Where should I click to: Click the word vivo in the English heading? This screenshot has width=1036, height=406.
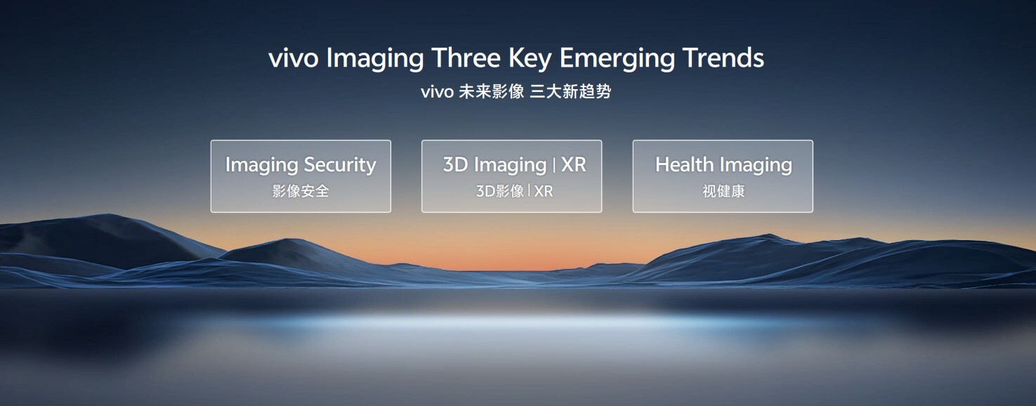[293, 59]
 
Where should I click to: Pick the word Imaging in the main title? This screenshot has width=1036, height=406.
[375, 60]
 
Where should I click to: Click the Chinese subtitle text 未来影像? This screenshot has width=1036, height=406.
[491, 91]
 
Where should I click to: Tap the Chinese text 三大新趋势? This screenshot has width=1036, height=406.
[570, 91]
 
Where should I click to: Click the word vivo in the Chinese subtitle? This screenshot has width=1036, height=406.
[437, 92]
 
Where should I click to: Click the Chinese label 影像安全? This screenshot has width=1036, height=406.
[301, 191]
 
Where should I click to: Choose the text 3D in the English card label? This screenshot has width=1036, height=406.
[456, 164]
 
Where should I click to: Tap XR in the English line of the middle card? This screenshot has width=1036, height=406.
[574, 164]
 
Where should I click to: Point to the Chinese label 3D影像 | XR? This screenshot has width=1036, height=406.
[514, 191]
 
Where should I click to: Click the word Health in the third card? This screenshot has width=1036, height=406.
[684, 164]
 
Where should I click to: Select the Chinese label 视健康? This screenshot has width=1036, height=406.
[723, 191]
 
